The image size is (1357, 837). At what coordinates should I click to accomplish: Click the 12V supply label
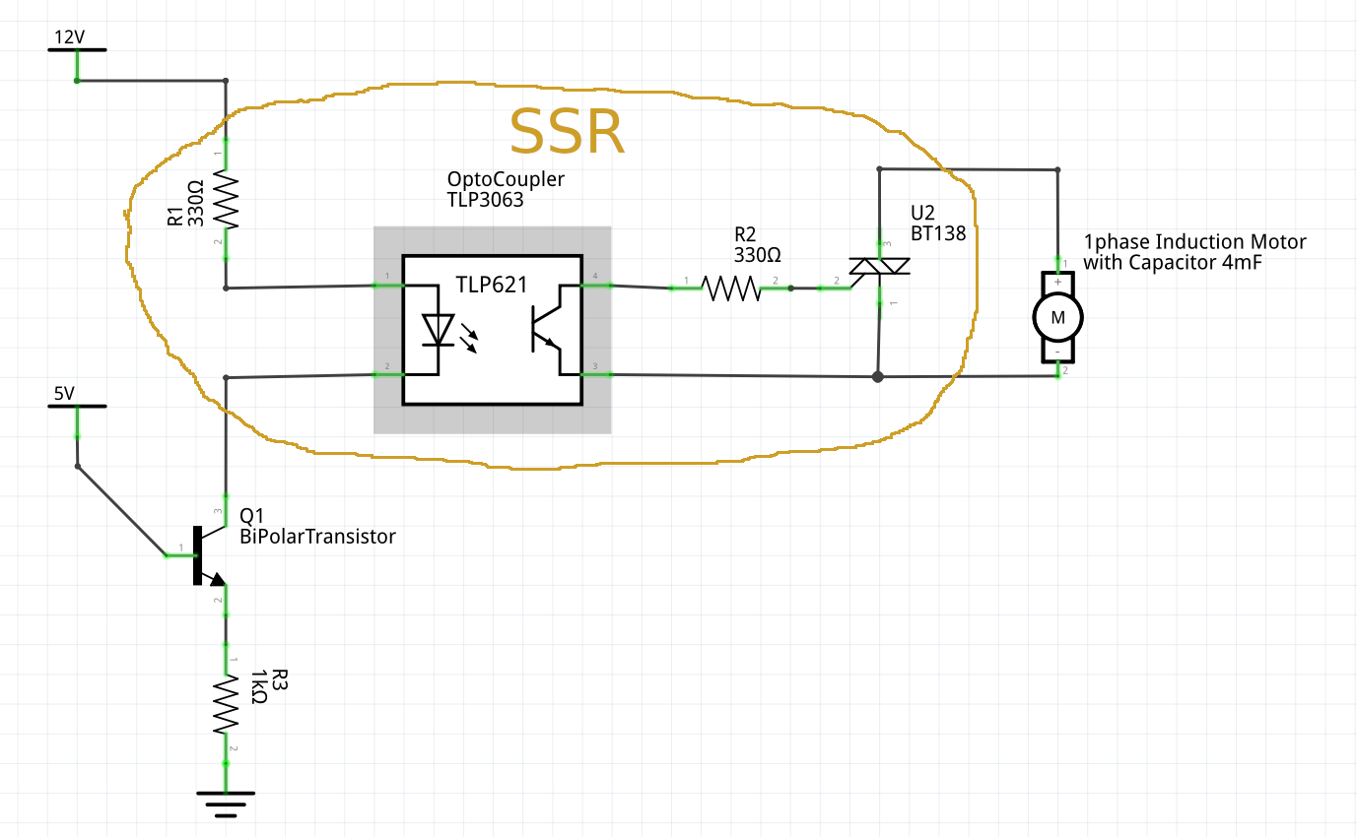pos(69,37)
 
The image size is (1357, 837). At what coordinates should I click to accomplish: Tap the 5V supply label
pos(64,394)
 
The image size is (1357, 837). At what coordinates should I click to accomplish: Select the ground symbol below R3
pos(226,805)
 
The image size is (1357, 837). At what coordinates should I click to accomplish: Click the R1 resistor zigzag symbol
pos(226,200)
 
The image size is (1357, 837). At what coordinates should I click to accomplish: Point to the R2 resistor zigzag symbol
pos(731,289)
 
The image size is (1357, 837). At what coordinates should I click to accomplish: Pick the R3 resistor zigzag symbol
pos(226,704)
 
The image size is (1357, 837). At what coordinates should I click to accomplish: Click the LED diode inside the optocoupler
pos(438,331)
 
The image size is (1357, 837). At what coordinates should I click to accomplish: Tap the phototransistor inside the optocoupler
pos(546,329)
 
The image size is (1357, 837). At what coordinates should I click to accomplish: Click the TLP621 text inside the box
pos(492,285)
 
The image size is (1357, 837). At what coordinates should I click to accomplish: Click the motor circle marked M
pos(1057,318)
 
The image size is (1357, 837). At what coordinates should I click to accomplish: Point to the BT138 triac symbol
pos(879,266)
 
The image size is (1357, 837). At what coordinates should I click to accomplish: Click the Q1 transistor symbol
pos(209,555)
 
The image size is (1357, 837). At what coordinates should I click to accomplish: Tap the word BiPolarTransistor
pos(317,537)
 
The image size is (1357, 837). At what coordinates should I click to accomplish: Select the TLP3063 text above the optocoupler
pos(485,200)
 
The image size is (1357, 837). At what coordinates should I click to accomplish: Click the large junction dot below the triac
pos(878,377)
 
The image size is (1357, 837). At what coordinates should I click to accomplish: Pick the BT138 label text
pos(938,233)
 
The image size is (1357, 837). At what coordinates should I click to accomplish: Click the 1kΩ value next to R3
pos(258,687)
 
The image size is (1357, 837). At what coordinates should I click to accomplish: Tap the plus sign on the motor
pos(1057,282)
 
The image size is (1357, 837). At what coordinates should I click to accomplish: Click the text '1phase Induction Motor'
pos(1194,242)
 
